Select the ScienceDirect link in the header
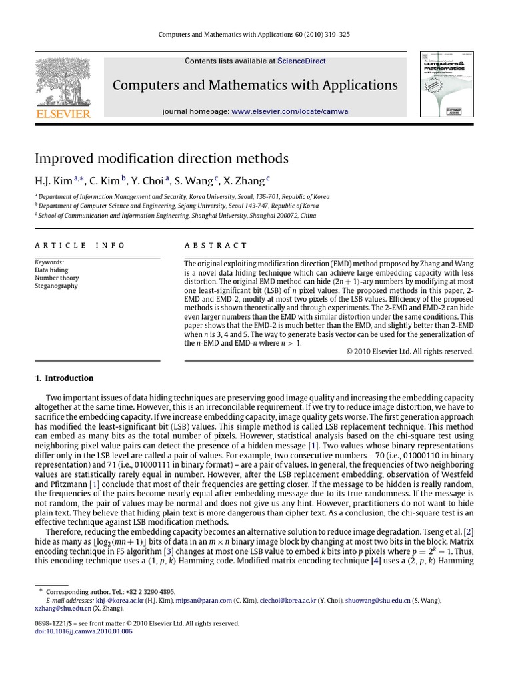301,61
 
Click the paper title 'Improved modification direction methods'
161,159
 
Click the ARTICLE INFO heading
79,246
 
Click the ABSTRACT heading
215,246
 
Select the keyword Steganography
56,286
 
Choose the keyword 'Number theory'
57,278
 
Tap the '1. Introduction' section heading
64,378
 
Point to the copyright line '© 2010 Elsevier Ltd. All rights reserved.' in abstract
410,352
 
